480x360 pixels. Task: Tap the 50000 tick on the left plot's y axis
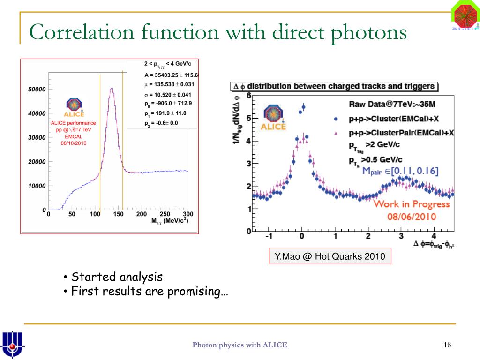pyautogui.click(x=36, y=89)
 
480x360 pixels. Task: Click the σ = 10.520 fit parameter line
pyautogui.click(x=168, y=94)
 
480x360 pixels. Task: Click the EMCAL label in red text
pyautogui.click(x=73, y=136)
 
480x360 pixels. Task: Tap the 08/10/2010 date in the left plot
pyautogui.click(x=74, y=143)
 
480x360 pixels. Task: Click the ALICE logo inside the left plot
pyautogui.click(x=74, y=107)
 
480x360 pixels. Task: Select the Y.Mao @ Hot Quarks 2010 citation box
pyautogui.click(x=330, y=256)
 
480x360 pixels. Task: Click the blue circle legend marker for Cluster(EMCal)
pyautogui.click(x=336, y=119)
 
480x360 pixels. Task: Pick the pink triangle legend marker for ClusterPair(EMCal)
pyautogui.click(x=336, y=133)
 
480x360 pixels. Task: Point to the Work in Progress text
pyautogui.click(x=411, y=204)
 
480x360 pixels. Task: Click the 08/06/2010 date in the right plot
pyautogui.click(x=412, y=217)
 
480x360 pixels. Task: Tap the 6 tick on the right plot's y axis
pyautogui.click(x=248, y=96)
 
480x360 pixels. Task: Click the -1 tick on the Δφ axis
pyautogui.click(x=269, y=236)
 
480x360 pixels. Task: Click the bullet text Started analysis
pyautogui.click(x=117, y=277)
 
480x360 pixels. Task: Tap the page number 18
pyautogui.click(x=447, y=345)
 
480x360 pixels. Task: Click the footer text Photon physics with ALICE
pyautogui.click(x=240, y=345)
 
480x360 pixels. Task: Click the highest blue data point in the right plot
pyautogui.click(x=303, y=107)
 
